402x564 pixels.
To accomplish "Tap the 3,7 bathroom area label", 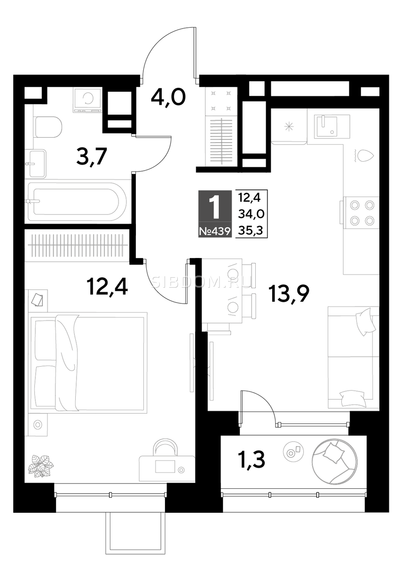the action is point(92,157).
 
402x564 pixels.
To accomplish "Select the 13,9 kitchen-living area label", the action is point(289,294).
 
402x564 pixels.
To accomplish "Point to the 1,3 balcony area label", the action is point(252,459).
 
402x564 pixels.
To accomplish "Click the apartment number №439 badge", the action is point(215,231).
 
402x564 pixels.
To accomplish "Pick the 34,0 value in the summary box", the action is point(251,214).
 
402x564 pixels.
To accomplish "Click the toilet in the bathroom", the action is point(48,126).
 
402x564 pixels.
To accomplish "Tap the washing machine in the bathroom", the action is point(87,100).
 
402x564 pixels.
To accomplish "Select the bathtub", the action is point(77,202).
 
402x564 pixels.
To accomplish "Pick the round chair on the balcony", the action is point(334,463).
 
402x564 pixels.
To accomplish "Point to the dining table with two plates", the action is point(222,291).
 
